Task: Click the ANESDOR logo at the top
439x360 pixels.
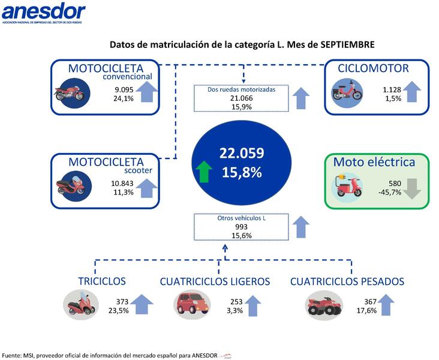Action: pyautogui.click(x=43, y=13)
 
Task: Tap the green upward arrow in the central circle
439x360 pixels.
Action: pyautogui.click(x=204, y=170)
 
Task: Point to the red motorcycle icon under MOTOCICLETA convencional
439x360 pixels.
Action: pyautogui.click(x=71, y=94)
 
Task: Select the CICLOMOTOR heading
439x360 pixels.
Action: pyautogui.click(x=373, y=68)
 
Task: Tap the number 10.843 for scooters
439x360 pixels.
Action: pyautogui.click(x=122, y=183)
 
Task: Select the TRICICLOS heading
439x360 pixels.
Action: pyautogui.click(x=101, y=281)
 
